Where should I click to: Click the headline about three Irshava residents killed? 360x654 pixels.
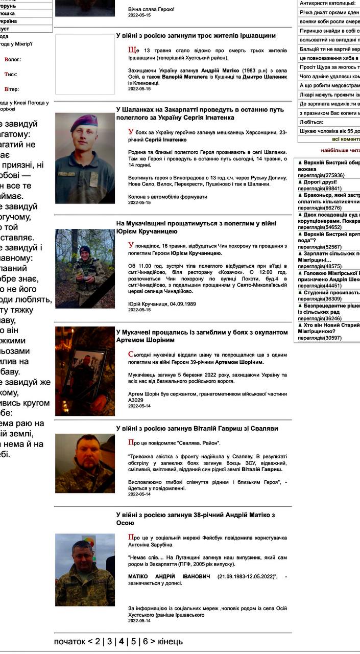(x=196, y=36)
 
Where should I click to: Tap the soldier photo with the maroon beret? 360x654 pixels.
(x=85, y=158)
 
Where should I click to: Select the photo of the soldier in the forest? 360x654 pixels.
(x=85, y=268)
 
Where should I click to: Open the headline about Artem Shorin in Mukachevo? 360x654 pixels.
(x=202, y=336)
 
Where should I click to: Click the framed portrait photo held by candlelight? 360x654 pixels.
(x=85, y=371)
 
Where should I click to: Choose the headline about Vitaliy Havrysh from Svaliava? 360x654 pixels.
(x=197, y=428)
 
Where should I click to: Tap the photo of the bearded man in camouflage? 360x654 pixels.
(x=85, y=463)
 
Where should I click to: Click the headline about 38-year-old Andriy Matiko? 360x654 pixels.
(x=196, y=519)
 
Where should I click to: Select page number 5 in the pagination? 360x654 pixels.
(x=133, y=641)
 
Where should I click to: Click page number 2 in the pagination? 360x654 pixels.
(x=98, y=641)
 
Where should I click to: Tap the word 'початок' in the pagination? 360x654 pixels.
(x=69, y=641)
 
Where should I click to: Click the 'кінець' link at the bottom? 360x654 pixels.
(x=170, y=641)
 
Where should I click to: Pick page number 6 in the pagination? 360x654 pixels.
(x=145, y=641)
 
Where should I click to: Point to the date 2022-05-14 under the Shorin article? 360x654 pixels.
(x=139, y=406)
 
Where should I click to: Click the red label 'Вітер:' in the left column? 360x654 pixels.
(x=11, y=89)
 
